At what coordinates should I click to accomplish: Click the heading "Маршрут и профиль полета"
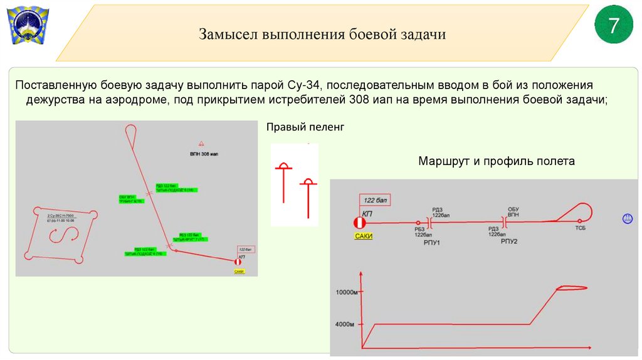(496, 161)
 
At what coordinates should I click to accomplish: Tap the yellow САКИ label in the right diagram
(363, 236)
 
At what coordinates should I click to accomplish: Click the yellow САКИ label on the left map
(238, 272)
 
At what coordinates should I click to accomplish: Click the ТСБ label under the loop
(581, 229)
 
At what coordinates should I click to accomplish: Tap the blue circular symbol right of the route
(626, 218)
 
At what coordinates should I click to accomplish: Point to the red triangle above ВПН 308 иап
(201, 144)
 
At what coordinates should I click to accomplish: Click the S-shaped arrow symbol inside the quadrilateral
(65, 236)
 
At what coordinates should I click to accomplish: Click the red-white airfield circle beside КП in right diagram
(359, 223)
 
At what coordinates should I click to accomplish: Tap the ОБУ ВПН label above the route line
(513, 211)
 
